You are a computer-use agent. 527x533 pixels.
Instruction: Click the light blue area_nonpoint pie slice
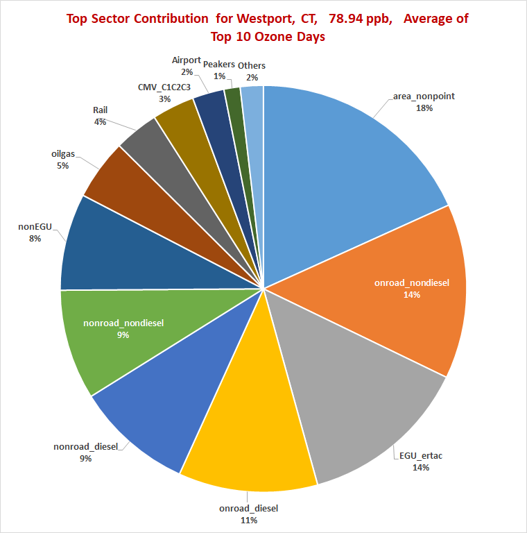pyautogui.click(x=347, y=160)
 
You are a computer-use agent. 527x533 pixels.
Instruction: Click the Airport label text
pyautogui.click(x=187, y=60)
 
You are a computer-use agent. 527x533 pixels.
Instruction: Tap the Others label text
pyautogui.click(x=251, y=65)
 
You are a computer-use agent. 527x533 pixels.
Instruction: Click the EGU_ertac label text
pyautogui.click(x=421, y=456)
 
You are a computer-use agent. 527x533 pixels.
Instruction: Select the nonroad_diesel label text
pyautogui.click(x=85, y=446)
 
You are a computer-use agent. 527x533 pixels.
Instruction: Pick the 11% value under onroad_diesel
pyautogui.click(x=248, y=520)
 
